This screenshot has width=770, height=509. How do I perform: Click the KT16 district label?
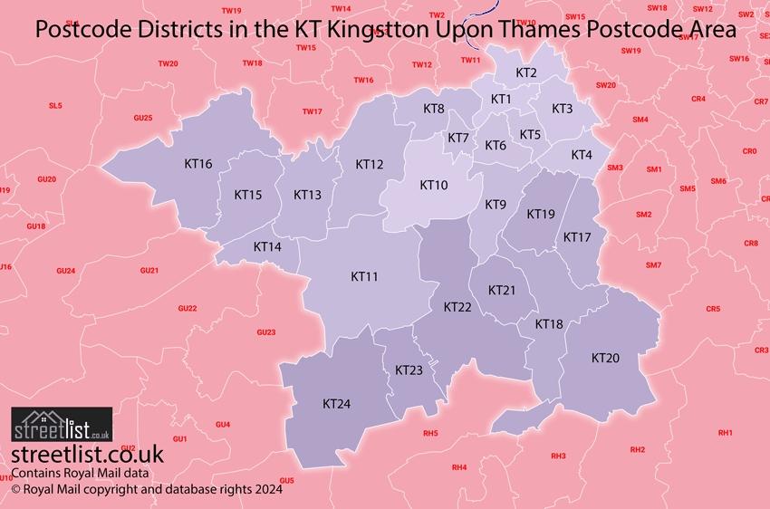197,164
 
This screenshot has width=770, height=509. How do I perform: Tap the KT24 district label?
336,403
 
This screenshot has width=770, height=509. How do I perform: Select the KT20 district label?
605,358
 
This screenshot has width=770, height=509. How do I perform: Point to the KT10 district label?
433,185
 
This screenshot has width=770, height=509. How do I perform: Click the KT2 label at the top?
525,72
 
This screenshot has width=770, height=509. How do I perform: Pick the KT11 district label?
364,276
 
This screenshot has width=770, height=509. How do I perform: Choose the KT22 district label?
457,307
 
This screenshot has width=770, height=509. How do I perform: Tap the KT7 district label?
458,138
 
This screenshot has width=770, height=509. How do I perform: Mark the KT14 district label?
267,246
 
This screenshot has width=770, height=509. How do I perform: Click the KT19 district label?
541,214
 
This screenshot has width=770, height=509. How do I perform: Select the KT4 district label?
581,155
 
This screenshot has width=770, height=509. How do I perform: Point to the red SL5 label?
55,106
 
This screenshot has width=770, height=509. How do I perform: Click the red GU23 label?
265,332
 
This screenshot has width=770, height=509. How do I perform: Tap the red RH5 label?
430,433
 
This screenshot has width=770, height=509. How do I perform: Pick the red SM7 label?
653,264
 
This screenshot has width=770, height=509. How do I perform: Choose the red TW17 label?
313,111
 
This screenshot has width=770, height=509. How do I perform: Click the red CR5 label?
713,309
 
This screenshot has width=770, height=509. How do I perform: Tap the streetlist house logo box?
62,424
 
